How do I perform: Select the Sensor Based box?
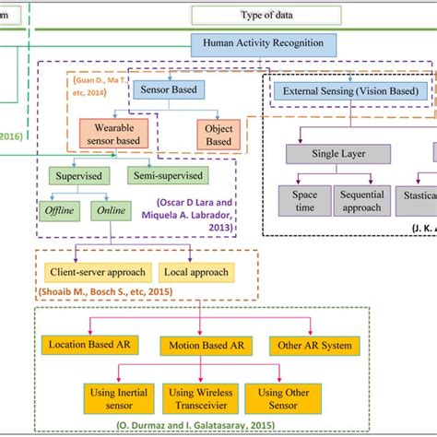[x=171, y=89]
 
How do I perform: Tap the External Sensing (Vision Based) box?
[x=350, y=91]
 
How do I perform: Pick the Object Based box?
[x=218, y=136]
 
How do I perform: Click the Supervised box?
[x=78, y=175]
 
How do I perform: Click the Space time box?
[x=304, y=202]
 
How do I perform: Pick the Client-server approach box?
[x=96, y=273]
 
